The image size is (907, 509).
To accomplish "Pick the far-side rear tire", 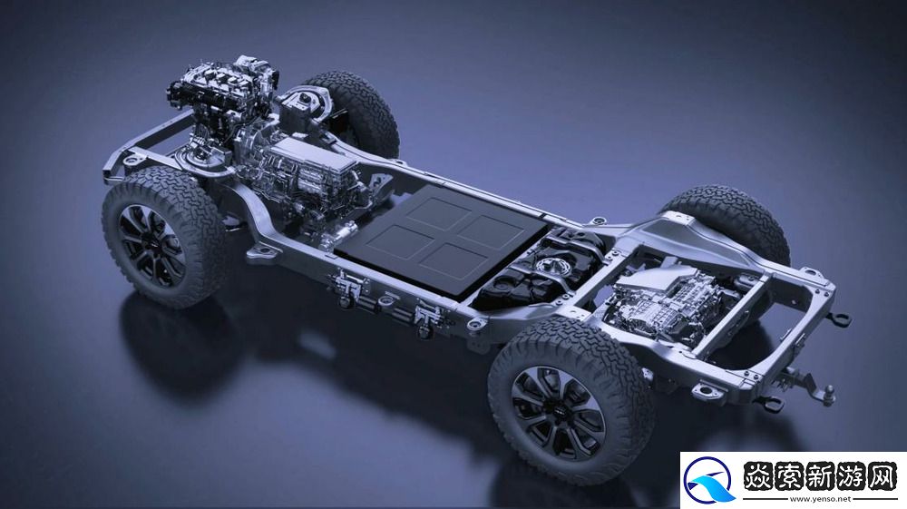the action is coord(732,220).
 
